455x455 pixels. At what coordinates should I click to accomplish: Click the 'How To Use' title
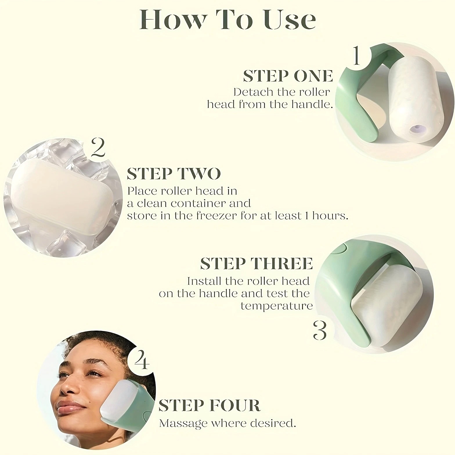pos(228,19)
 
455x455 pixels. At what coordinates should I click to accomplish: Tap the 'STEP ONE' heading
pos(288,76)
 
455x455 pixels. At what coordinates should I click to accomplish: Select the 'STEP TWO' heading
pos(174,174)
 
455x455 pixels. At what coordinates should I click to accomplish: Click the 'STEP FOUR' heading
pos(209,405)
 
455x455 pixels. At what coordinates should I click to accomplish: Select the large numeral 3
pos(320,330)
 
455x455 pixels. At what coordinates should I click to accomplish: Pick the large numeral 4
pos(142,359)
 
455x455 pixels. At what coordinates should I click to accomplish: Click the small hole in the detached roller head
pos(417,128)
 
